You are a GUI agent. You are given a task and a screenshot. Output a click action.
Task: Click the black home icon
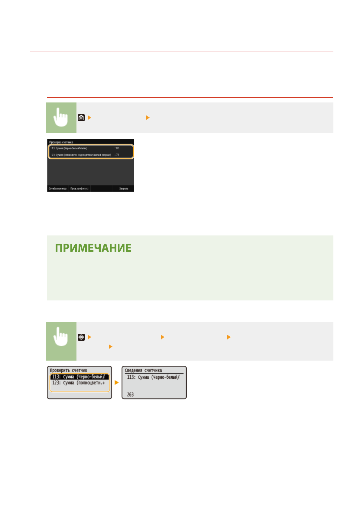pyautogui.click(x=81, y=118)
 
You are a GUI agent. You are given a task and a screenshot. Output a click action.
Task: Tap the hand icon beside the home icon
pyautogui.click(x=61, y=118)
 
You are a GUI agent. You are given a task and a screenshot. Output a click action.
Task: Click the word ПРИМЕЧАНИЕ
pyautogui.click(x=93, y=248)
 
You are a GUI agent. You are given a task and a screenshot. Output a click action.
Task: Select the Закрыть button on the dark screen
pyautogui.click(x=124, y=189)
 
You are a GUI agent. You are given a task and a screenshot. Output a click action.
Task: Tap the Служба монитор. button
pyautogui.click(x=58, y=189)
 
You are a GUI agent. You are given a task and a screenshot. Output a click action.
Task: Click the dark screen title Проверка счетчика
pyautogui.click(x=61, y=142)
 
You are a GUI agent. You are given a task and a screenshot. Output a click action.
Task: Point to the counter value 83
pyautogui.click(x=118, y=148)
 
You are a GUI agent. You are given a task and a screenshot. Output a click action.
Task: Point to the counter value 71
pyautogui.click(x=118, y=155)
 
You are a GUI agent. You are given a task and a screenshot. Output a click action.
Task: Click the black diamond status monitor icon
pyautogui.click(x=81, y=337)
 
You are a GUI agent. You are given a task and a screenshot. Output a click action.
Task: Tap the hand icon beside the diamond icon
pyautogui.click(x=61, y=337)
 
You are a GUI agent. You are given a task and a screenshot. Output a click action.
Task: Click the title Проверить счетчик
pyautogui.click(x=68, y=370)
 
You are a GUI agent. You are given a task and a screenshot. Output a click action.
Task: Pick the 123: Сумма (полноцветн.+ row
pyautogui.click(x=79, y=383)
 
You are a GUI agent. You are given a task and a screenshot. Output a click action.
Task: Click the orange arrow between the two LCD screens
pyautogui.click(x=117, y=383)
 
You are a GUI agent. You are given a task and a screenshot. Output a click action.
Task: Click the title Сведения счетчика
pyautogui.click(x=143, y=370)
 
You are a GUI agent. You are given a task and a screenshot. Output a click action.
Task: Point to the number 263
pyautogui.click(x=130, y=394)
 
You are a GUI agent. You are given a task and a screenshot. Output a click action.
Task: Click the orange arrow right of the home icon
pyautogui.click(x=89, y=118)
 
